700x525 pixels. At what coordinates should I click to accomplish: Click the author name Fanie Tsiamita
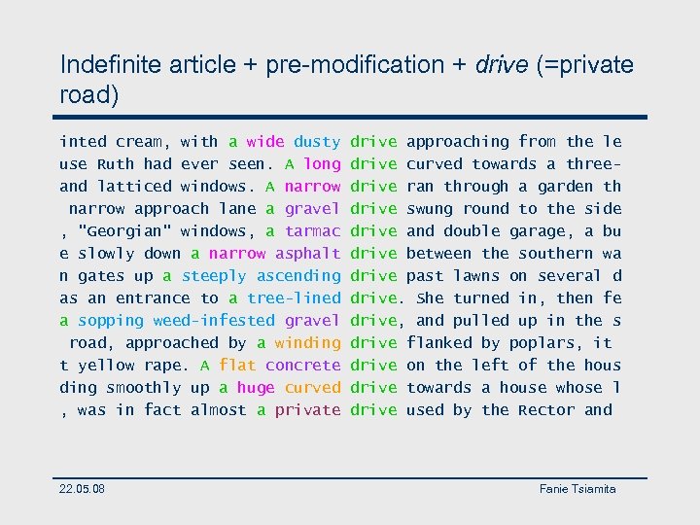point(577,488)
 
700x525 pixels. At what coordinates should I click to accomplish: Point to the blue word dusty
point(317,142)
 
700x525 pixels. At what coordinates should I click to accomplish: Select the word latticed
point(134,187)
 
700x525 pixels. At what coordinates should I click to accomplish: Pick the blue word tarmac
point(312,231)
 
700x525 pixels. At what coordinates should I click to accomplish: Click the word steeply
point(214,276)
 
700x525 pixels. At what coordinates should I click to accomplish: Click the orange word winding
point(307,343)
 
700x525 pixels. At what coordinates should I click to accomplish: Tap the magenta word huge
point(256,388)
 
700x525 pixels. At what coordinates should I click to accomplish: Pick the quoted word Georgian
point(124,231)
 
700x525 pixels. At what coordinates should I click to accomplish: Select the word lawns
point(476,276)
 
